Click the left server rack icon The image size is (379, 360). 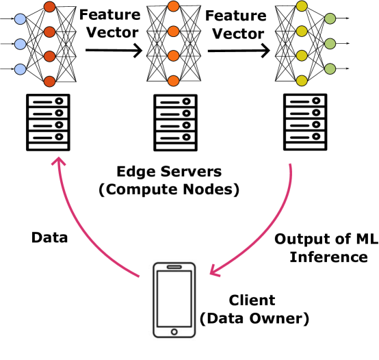48,123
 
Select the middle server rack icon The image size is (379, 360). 175,123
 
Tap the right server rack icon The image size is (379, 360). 305,122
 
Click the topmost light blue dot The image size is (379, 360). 21,19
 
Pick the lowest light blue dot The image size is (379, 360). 21,69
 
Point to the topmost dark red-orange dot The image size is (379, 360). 49,7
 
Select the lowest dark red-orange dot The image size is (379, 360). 49,81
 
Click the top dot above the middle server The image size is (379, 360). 174,6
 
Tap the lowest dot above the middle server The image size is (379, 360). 174,81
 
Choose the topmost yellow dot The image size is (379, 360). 302,6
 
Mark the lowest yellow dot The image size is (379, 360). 302,81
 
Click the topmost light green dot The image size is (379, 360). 330,18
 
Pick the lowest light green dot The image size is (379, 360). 330,69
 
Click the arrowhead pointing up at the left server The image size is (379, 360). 59,162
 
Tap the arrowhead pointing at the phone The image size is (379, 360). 213,272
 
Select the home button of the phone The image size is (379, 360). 174,332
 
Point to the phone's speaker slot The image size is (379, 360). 174,267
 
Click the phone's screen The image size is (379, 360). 174,298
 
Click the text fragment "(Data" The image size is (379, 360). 220,318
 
